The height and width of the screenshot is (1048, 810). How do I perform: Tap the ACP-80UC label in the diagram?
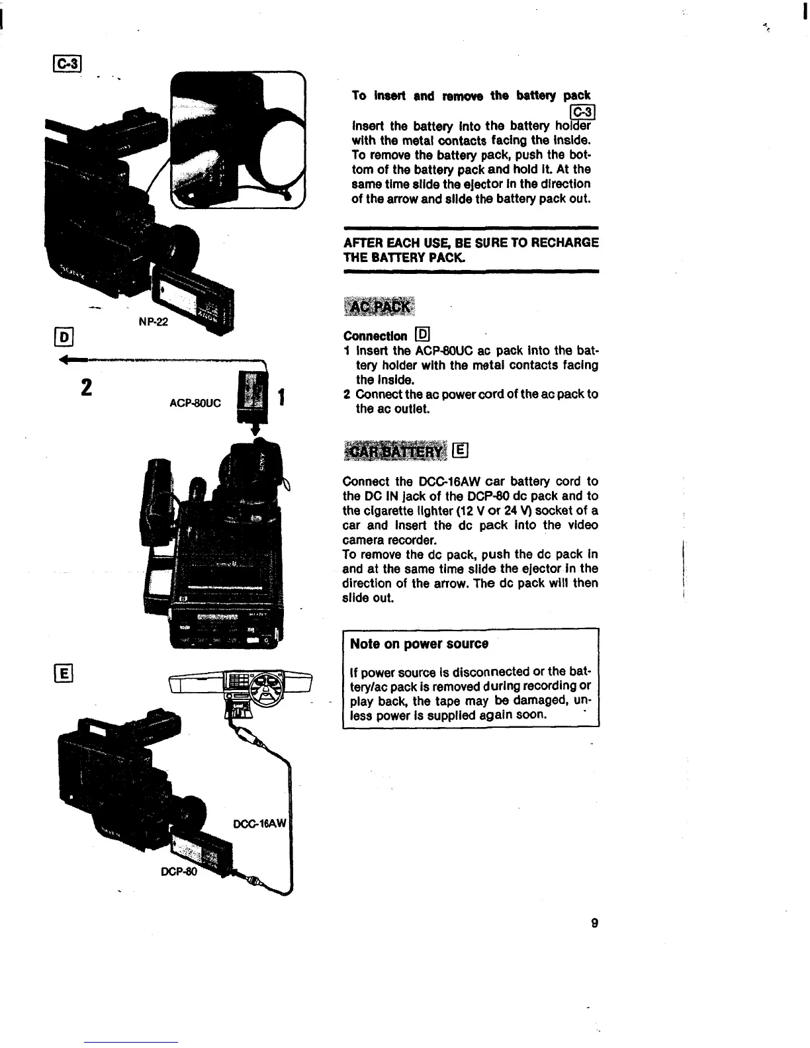tap(195, 402)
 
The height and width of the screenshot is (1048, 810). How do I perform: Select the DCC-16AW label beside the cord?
tap(260, 824)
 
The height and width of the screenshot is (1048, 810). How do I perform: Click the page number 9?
tap(595, 923)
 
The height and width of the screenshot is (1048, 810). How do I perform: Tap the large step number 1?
tap(282, 398)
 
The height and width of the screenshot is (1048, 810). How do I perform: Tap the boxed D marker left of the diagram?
tap(67, 335)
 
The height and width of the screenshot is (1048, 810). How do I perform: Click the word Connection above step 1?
tap(375, 336)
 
